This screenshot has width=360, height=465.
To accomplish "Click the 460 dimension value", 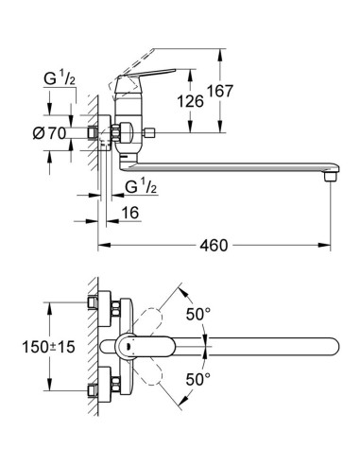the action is (214, 245).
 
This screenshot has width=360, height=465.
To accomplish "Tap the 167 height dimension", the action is (219, 91).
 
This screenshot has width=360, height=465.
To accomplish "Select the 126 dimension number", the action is (190, 101).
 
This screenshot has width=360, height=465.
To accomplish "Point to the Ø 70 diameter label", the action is (49, 133).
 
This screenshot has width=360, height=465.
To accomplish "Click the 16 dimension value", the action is (130, 213).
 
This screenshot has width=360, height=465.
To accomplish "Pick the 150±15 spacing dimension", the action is (49, 347).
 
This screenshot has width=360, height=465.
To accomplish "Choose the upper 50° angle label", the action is (197, 314).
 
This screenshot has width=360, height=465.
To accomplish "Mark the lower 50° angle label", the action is (197, 379).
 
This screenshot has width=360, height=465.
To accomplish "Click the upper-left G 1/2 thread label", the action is (60, 78).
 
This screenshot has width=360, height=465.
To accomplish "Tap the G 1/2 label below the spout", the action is (141, 187).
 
